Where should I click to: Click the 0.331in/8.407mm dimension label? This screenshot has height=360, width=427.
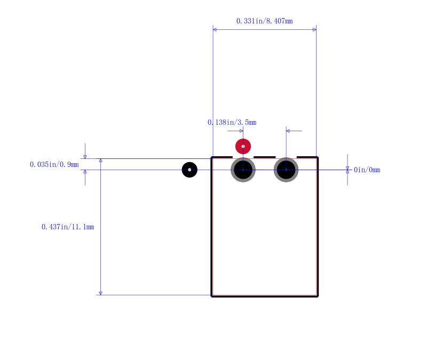(264, 21)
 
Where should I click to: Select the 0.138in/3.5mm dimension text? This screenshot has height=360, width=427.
(232, 123)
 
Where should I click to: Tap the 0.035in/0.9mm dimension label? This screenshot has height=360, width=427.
(54, 164)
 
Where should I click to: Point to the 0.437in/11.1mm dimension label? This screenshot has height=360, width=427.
(68, 227)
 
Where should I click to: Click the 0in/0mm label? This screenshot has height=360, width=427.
(367, 170)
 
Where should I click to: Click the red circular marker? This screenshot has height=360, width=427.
(243, 146)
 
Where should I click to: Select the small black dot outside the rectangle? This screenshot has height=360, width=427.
(189, 170)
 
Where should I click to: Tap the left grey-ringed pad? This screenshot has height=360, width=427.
(243, 170)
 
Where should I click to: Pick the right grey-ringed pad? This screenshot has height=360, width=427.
(286, 170)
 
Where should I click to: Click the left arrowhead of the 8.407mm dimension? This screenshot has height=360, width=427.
(215, 29)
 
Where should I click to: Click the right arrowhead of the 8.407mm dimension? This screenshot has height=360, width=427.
(314, 29)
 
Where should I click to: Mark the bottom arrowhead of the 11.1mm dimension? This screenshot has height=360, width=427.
(101, 293)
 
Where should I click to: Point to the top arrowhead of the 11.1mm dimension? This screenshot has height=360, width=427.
(101, 161)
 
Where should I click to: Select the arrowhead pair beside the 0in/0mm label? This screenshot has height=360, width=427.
(347, 170)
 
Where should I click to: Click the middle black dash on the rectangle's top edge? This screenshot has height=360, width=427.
(265, 157)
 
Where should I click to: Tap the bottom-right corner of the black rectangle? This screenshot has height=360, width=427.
(318, 297)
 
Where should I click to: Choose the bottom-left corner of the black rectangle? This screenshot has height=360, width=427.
(211, 297)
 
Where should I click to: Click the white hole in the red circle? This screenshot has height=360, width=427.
(243, 146)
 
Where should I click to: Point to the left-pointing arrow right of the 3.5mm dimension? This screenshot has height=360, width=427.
(294, 131)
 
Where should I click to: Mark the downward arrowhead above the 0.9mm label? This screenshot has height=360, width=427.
(85, 157)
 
